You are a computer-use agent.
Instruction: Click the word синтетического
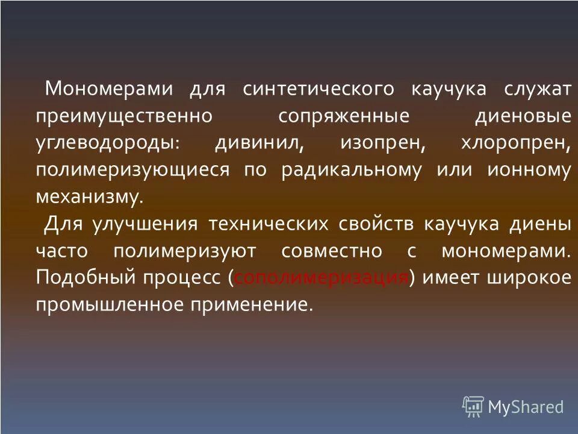(x=319, y=90)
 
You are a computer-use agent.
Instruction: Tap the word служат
(x=538, y=90)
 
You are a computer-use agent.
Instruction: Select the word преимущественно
(x=123, y=116)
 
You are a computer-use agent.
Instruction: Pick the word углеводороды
(x=107, y=143)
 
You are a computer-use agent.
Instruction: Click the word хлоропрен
(x=515, y=143)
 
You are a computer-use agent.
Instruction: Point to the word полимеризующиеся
(x=132, y=170)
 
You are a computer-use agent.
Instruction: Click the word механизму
(x=90, y=197)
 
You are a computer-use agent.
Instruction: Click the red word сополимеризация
(x=322, y=278)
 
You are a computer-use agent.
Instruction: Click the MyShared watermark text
(x=526, y=407)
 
